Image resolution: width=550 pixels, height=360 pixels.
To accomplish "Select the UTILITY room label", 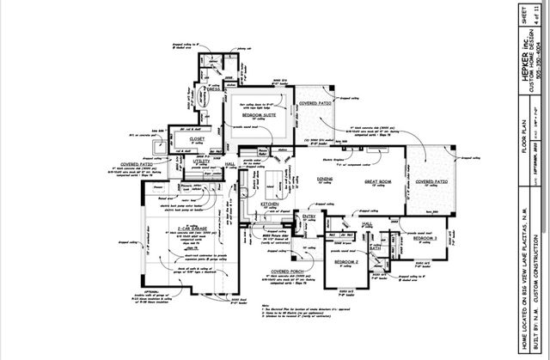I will [x=202, y=161].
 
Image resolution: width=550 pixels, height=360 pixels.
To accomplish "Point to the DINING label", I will [x=325, y=180].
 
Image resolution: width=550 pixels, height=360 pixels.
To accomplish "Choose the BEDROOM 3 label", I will [x=425, y=237].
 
